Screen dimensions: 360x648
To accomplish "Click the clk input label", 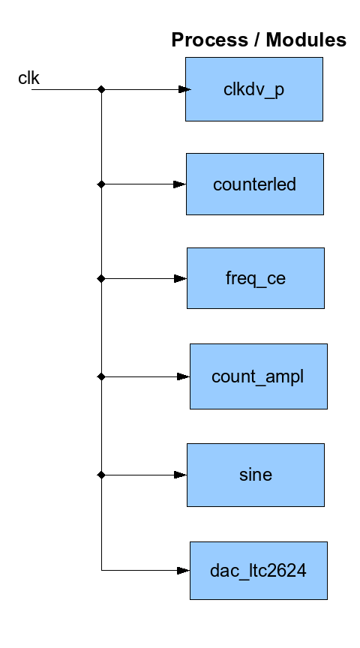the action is (x=29, y=78).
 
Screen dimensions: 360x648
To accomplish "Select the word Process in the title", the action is (x=209, y=40).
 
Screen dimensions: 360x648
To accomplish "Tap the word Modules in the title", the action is (x=306, y=40).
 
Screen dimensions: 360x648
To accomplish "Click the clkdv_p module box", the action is (x=254, y=89).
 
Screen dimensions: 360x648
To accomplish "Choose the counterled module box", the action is (x=255, y=184).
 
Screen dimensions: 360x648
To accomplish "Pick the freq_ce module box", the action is (x=256, y=278).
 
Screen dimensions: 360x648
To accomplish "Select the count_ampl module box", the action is (x=259, y=376).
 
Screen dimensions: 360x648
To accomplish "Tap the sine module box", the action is (x=256, y=475).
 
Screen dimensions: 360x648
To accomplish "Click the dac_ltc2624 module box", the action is (x=259, y=570).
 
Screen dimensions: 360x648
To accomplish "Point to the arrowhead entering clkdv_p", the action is (x=184, y=89).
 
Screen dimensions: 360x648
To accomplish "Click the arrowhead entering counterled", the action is (x=180, y=184).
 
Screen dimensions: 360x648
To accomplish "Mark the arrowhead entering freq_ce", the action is (x=181, y=279).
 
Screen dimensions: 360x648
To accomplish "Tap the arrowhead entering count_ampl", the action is (x=184, y=376).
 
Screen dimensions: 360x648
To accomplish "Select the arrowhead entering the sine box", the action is (x=181, y=475).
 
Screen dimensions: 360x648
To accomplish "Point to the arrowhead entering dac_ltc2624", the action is (x=184, y=571).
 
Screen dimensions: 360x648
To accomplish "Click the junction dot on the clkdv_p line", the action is (x=101, y=89).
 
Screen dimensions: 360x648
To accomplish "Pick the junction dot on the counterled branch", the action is (x=101, y=184).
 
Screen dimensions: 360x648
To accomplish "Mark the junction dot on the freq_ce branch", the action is (x=101, y=279).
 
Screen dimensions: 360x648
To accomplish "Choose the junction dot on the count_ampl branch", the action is (x=101, y=376).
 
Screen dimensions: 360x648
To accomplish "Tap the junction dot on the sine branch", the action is (x=101, y=475).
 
